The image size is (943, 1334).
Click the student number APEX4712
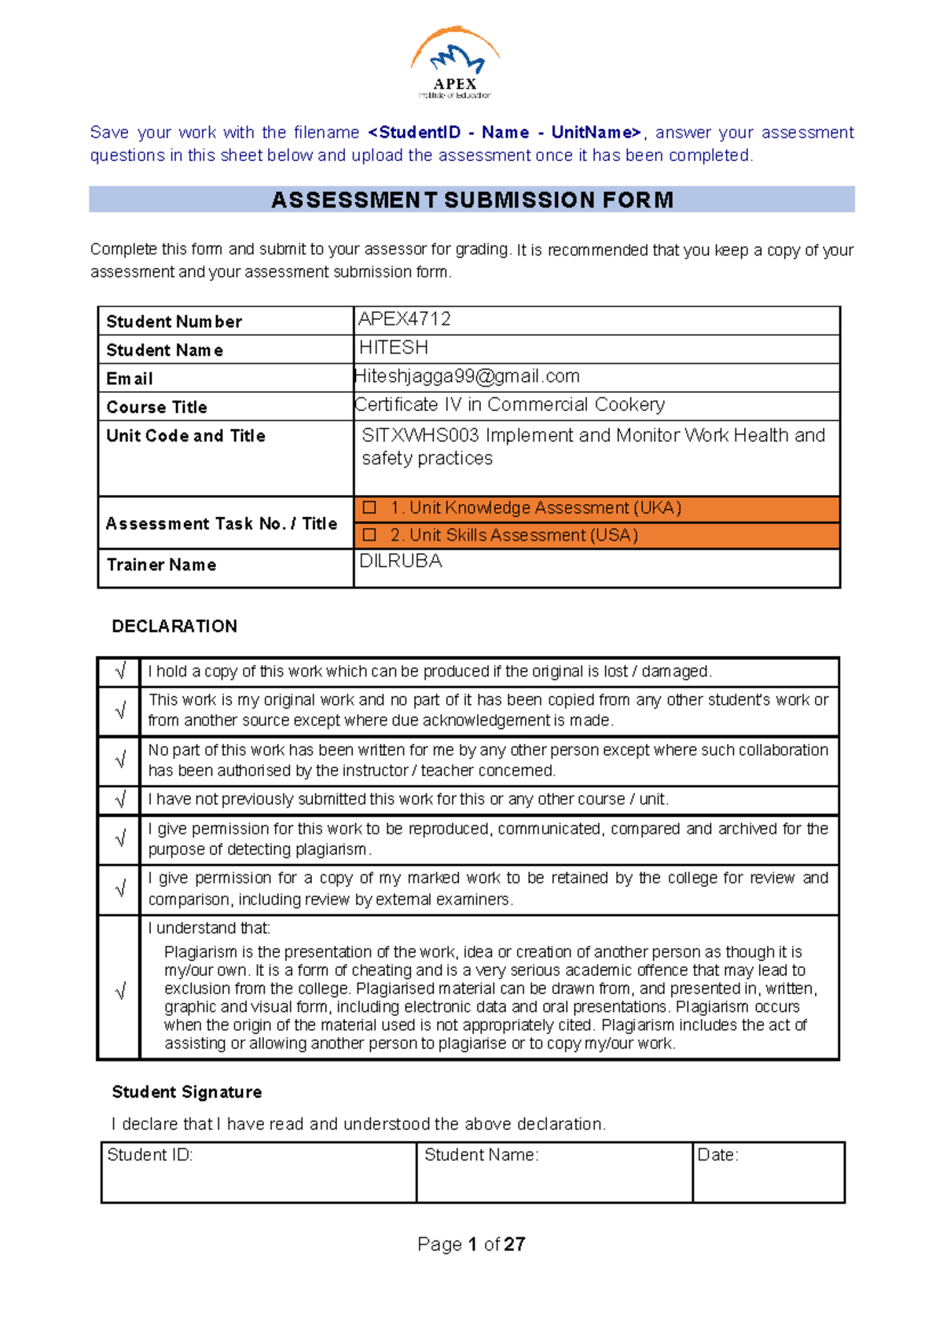(404, 319)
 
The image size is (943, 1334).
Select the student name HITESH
(393, 347)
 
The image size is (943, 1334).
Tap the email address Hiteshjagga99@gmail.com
(467, 376)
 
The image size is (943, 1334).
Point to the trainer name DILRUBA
(400, 561)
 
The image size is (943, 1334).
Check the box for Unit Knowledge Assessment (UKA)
(369, 508)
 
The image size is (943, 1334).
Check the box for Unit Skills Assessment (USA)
(369, 535)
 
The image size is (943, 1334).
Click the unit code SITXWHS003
(420, 435)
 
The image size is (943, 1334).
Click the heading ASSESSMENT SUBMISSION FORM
(472, 200)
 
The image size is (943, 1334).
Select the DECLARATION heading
(174, 626)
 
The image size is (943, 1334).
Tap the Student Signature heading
(187, 1092)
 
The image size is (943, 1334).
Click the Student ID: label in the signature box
(150, 1155)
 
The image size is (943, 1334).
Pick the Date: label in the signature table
(717, 1155)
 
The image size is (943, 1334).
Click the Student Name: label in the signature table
(481, 1155)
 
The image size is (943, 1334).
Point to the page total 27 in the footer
(515, 1244)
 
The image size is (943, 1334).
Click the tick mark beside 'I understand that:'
(120, 991)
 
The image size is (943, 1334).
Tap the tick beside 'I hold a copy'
(120, 672)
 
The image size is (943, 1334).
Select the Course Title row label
(157, 407)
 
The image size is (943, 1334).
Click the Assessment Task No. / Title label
(222, 523)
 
